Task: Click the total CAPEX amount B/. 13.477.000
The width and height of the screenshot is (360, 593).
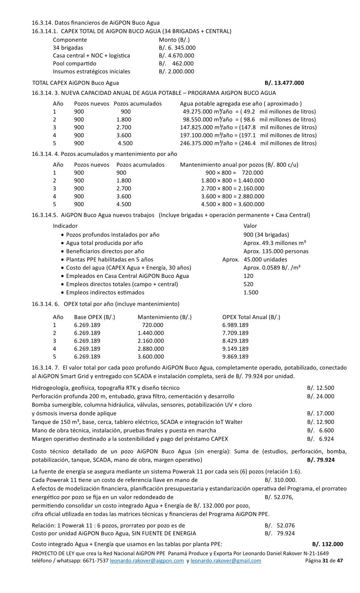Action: pyautogui.click(x=284, y=83)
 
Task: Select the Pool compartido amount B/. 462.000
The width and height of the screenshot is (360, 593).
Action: pyautogui.click(x=176, y=64)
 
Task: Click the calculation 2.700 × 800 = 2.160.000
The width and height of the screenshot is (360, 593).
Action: pyautogui.click(x=233, y=188)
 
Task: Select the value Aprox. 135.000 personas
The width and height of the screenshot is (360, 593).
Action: pyautogui.click(x=276, y=251)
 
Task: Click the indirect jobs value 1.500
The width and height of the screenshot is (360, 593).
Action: pyautogui.click(x=251, y=292)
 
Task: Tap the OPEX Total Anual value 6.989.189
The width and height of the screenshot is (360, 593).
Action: pyautogui.click(x=235, y=325)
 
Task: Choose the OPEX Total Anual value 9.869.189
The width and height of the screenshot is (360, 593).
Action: pyautogui.click(x=235, y=357)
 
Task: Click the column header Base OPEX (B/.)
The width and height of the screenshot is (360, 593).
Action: pyautogui.click(x=94, y=317)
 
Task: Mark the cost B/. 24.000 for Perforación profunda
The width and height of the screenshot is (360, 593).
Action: pyautogui.click(x=320, y=396)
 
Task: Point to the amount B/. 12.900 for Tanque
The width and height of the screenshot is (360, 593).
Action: pyautogui.click(x=320, y=422)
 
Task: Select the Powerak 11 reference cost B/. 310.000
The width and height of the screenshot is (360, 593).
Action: pyautogui.click(x=280, y=480)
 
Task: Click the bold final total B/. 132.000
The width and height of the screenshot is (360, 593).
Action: pyautogui.click(x=327, y=544)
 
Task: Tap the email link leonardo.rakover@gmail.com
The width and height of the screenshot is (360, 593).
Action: pyautogui.click(x=226, y=561)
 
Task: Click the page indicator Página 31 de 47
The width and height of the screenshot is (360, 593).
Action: pyautogui.click(x=324, y=561)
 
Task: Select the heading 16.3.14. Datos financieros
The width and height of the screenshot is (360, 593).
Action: pyautogui.click(x=96, y=22)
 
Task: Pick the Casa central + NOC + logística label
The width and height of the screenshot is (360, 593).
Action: pyautogui.click(x=91, y=55)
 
